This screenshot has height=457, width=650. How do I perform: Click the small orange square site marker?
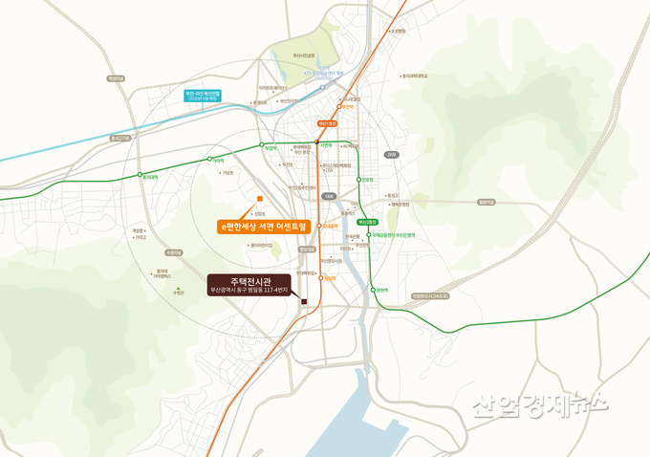[x=259, y=199]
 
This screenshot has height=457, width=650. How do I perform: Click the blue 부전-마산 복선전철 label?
[x=206, y=95]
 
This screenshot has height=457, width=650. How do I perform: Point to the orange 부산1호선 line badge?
[x=328, y=123]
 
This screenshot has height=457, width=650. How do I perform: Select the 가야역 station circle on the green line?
[x=208, y=159]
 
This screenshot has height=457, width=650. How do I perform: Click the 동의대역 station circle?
[x=134, y=175]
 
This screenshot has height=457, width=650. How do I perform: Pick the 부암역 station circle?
[x=262, y=147]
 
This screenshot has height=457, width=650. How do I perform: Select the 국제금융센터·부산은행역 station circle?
[x=369, y=233]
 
